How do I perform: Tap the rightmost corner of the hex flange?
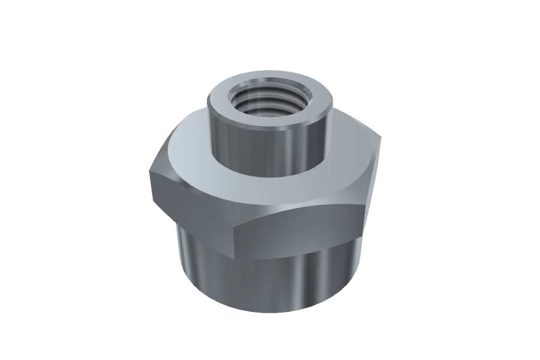click(380, 141)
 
